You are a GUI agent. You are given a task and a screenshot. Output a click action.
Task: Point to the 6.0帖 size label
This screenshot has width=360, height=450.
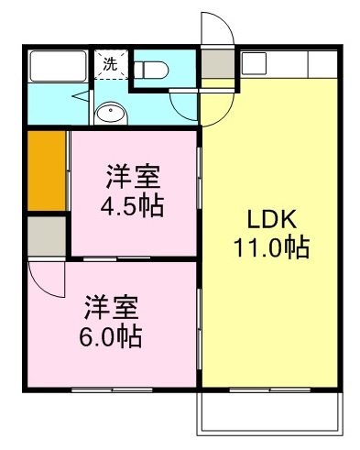[111, 336]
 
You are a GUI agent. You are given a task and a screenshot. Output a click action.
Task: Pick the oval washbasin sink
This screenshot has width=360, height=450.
[111, 115]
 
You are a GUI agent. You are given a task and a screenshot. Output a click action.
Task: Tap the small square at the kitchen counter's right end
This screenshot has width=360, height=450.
[322, 63]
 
